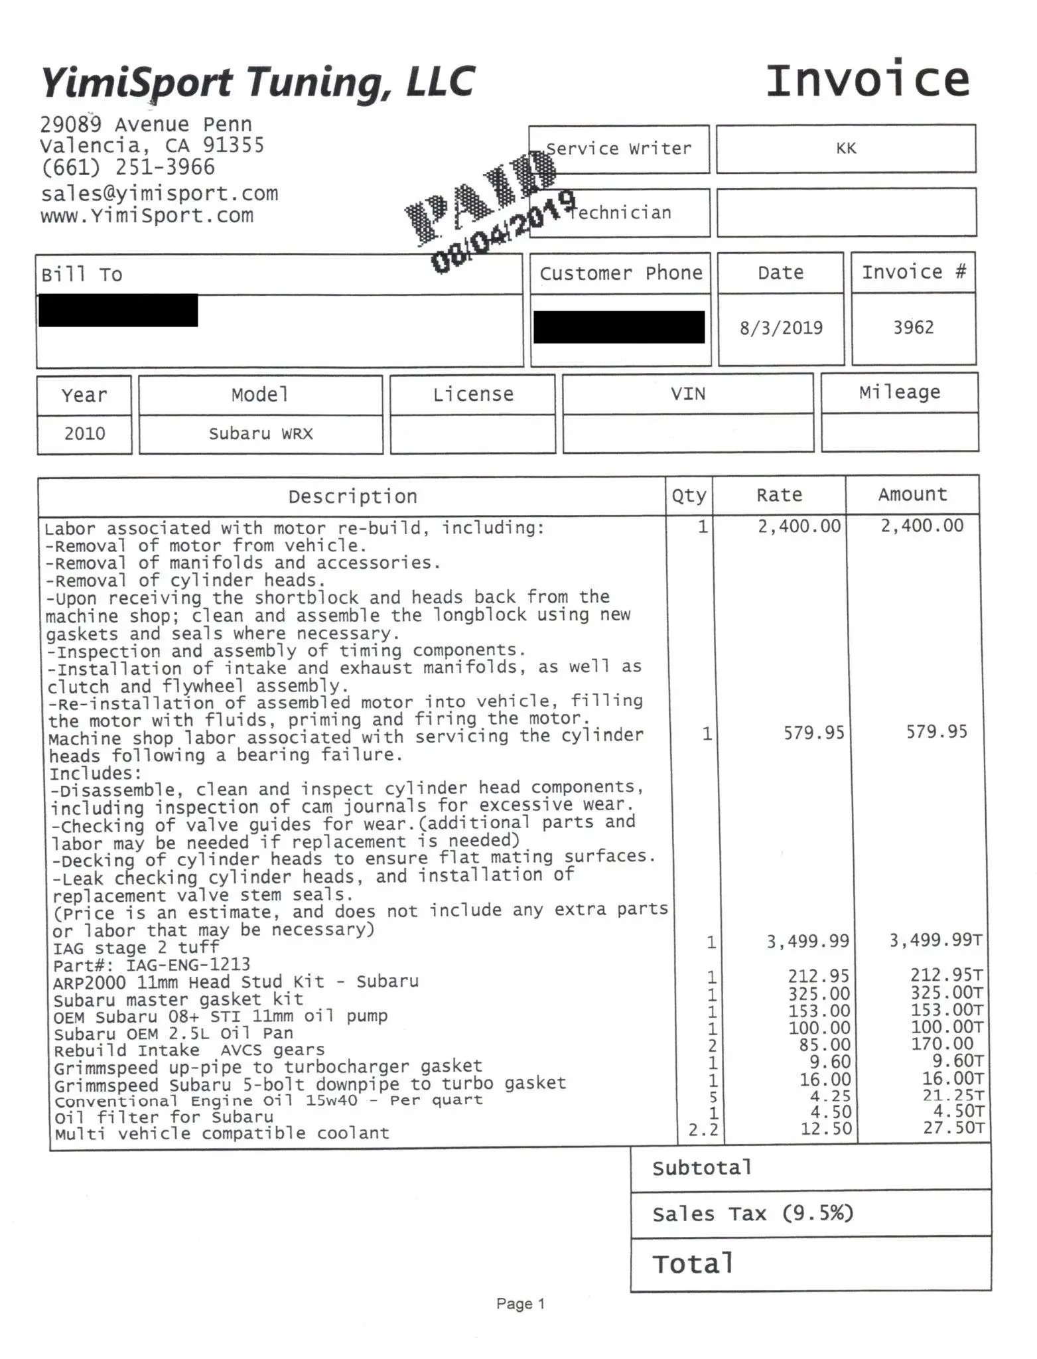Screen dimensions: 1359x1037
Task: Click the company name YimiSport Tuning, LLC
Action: (257, 83)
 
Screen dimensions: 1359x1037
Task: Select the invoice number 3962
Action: (913, 327)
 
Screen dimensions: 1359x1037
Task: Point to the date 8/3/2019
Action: (781, 328)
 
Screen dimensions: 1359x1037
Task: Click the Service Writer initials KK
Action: (846, 149)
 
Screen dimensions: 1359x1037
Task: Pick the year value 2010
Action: (84, 433)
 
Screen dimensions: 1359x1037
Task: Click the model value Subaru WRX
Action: (260, 433)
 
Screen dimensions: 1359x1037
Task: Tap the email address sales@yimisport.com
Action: (159, 194)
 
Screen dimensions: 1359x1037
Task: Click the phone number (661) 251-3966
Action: (127, 167)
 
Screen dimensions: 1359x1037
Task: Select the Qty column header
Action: (689, 496)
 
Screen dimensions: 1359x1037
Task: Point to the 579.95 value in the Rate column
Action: (814, 733)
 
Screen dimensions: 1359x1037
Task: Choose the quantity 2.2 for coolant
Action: (703, 1129)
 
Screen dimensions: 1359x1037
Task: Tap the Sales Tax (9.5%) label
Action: (752, 1214)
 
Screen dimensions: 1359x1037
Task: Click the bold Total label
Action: (693, 1264)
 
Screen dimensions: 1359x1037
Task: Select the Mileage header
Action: (899, 392)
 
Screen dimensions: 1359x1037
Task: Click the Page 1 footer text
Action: (520, 1304)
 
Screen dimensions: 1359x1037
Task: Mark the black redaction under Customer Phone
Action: (618, 327)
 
